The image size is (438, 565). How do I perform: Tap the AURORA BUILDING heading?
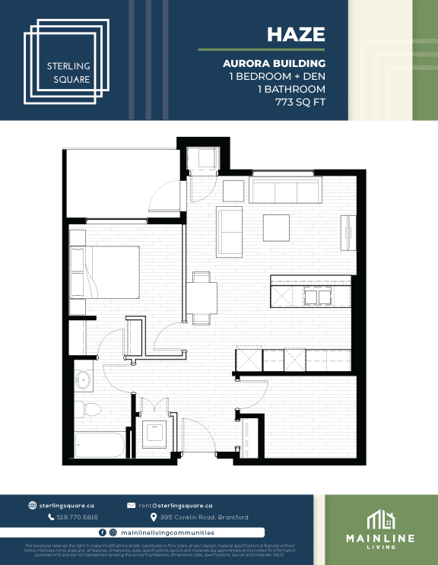coord(275,63)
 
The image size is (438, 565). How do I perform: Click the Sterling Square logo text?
coord(68,72)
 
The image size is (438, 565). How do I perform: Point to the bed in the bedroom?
coord(106,272)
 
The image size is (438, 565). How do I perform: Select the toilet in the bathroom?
coord(90,409)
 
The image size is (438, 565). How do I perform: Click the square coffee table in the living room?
coord(277,227)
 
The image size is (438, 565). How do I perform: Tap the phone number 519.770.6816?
coord(77,517)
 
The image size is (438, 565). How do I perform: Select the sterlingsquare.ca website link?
coord(71,505)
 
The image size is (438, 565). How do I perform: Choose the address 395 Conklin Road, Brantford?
coord(198,517)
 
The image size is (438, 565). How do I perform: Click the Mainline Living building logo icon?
coord(381,520)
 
